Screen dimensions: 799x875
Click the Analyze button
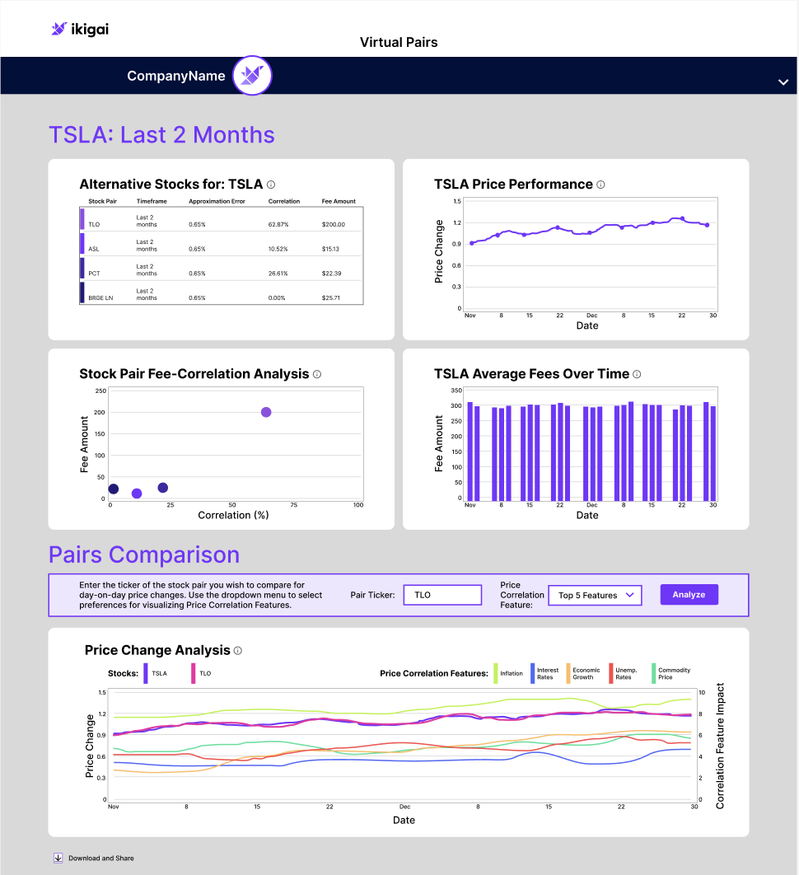(x=689, y=595)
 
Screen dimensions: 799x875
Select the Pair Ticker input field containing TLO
(x=442, y=595)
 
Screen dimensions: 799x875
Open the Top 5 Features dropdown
(x=596, y=596)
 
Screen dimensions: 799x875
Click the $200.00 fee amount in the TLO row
(x=333, y=224)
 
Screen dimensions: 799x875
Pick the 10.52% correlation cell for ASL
(x=278, y=249)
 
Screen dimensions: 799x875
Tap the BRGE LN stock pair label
(x=100, y=298)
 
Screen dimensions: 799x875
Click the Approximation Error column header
(x=217, y=202)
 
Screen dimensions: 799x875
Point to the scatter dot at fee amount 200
(x=266, y=413)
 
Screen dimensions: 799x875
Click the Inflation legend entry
(x=508, y=673)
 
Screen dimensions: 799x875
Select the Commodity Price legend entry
(x=671, y=673)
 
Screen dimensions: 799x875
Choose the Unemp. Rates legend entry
(x=624, y=673)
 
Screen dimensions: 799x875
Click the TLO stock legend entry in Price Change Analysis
(x=202, y=673)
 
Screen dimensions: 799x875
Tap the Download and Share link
(x=94, y=859)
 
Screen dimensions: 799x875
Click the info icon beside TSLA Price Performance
(x=601, y=185)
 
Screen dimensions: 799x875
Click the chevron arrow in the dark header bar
(x=783, y=82)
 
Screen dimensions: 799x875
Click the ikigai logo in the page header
(x=80, y=29)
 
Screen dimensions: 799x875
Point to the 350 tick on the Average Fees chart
(x=456, y=391)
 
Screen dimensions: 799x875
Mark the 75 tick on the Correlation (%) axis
(x=293, y=505)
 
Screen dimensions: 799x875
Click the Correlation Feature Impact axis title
(x=720, y=746)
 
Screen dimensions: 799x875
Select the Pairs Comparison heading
(x=144, y=554)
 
